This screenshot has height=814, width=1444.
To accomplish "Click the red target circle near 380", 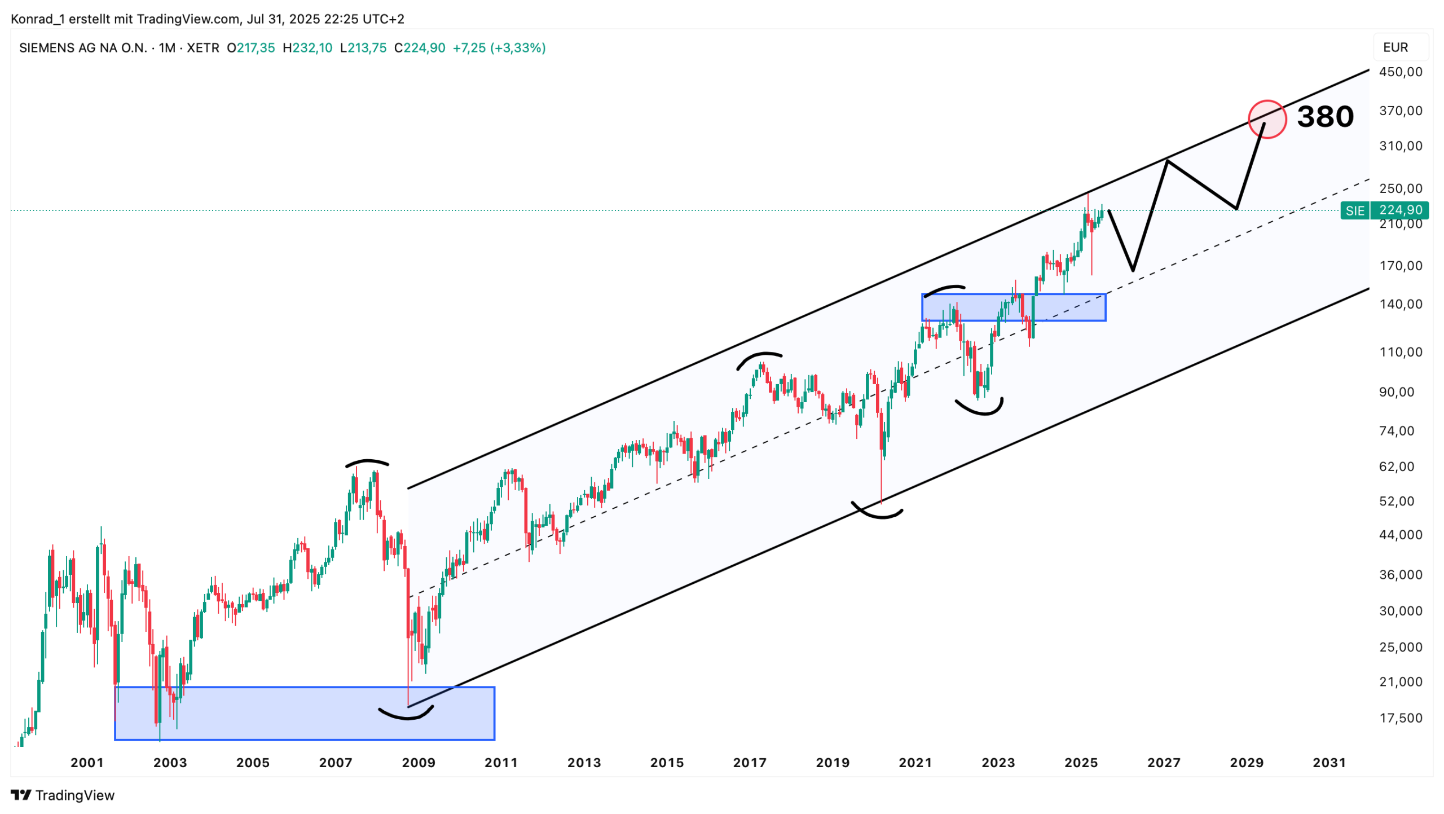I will (x=1266, y=119).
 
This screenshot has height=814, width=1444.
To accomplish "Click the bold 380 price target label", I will (x=1324, y=117).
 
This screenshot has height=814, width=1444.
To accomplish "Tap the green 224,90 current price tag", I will (x=1400, y=210).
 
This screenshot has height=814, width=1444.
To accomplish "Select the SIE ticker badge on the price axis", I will (x=1354, y=210).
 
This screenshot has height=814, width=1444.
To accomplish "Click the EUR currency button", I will (x=1395, y=47).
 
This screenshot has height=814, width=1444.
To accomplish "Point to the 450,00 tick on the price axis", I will (x=1400, y=72).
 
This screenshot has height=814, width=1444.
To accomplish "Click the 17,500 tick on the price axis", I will (x=1400, y=718).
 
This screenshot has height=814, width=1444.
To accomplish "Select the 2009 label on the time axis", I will (x=418, y=763).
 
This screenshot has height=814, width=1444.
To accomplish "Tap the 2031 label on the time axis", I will (x=1328, y=763).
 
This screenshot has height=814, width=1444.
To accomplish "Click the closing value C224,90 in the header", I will (x=420, y=48).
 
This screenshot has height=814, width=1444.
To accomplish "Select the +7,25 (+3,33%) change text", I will (x=499, y=48).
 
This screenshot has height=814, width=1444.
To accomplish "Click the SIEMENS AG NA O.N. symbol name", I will (x=83, y=48).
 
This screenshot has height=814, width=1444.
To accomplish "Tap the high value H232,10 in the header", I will (x=307, y=48).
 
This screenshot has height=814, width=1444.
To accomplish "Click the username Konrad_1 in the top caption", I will (x=37, y=19).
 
